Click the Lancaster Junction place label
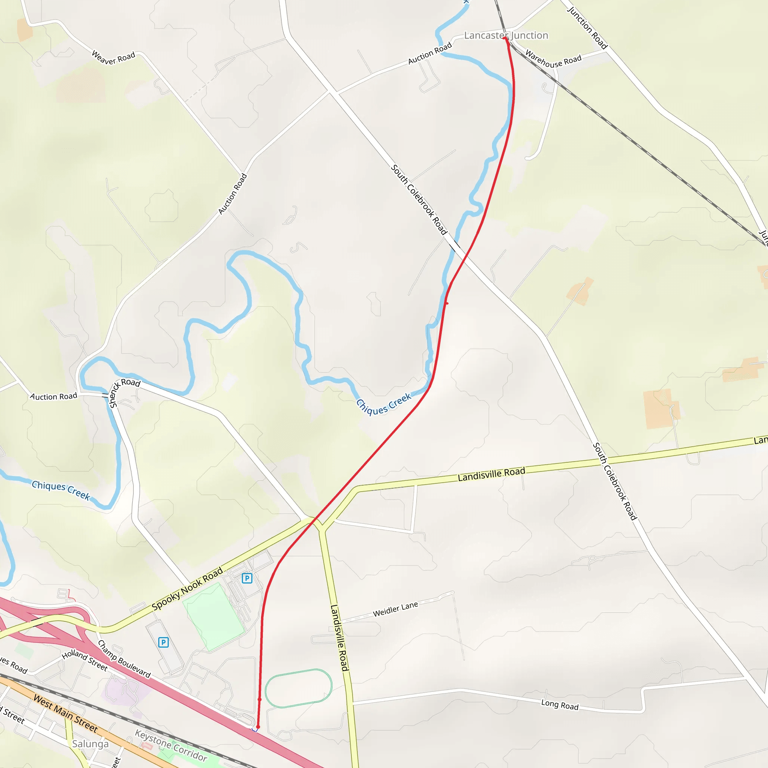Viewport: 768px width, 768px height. pyautogui.click(x=505, y=35)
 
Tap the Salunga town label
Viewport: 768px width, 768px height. pyautogui.click(x=90, y=744)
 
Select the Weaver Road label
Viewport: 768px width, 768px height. pyautogui.click(x=113, y=57)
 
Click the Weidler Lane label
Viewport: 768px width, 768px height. pyautogui.click(x=395, y=609)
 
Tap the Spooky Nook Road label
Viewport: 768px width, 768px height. pyautogui.click(x=187, y=589)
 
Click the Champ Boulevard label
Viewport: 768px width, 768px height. pyautogui.click(x=124, y=658)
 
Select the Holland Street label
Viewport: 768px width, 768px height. pyautogui.click(x=85, y=660)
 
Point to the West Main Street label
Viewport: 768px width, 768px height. pyautogui.click(x=65, y=713)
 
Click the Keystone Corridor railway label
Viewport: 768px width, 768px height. pyautogui.click(x=171, y=745)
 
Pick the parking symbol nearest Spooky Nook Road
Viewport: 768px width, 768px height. pyautogui.click(x=247, y=578)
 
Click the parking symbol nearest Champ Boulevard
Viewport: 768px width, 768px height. pyautogui.click(x=163, y=642)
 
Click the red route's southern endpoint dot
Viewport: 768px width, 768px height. pyautogui.click(x=258, y=727)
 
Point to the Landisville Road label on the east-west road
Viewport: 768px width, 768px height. pyautogui.click(x=491, y=474)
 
